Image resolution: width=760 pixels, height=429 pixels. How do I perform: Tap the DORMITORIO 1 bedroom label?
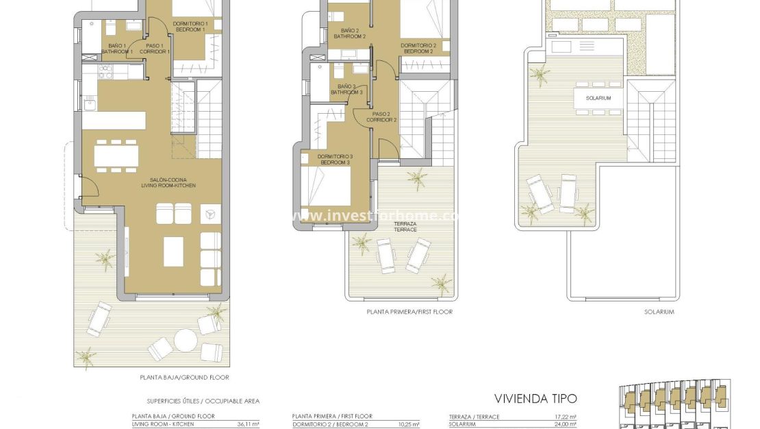190,27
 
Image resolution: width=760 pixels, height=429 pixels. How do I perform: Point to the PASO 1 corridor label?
154,49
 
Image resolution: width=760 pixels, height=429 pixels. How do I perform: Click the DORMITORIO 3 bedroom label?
335,160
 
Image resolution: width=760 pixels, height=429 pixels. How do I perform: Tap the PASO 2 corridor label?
381,117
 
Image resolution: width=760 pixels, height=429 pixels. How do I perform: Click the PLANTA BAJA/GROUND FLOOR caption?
184,378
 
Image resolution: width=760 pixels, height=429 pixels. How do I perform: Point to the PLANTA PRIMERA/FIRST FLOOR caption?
409,312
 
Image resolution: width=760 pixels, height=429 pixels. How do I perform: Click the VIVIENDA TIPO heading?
535,398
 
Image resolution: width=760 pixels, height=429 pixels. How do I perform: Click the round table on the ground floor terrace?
186,340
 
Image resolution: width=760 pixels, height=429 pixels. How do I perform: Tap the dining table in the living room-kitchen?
116,156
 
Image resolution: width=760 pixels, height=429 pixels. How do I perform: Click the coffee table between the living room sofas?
173,252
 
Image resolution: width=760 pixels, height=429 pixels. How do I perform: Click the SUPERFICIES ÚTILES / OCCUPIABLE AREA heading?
203,401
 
